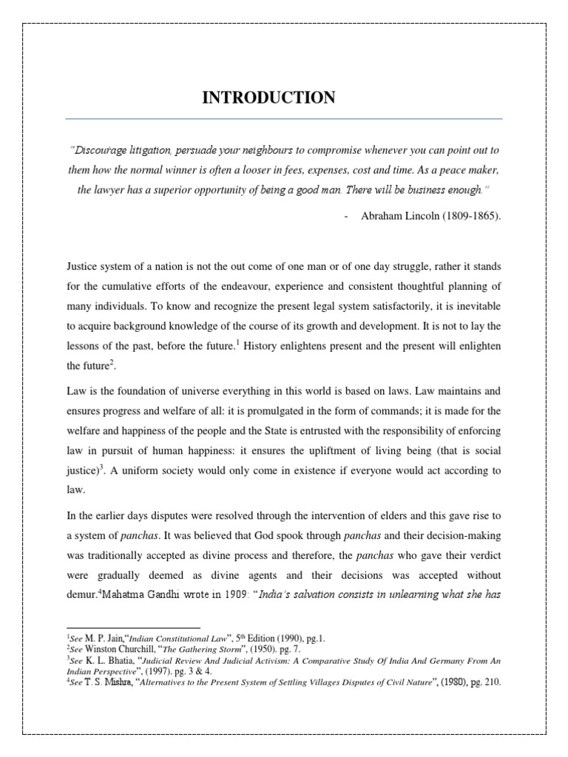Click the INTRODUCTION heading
268,98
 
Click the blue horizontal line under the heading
284,118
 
